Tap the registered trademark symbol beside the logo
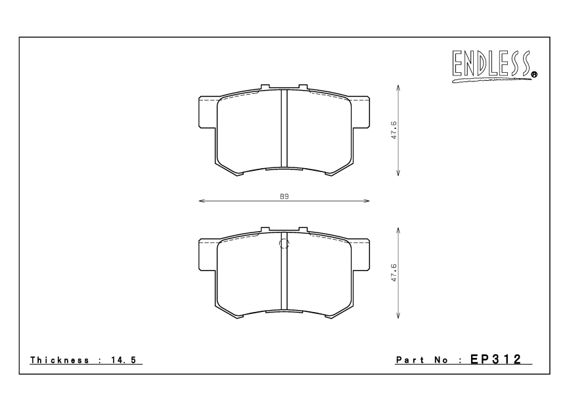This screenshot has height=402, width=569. pos(534,75)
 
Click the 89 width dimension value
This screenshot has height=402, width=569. pos(284,196)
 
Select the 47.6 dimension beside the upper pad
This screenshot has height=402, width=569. pos(394,130)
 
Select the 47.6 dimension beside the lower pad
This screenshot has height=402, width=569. pos(394,273)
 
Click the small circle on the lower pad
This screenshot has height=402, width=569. pos(284,245)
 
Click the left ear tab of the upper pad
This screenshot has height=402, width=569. pos(207,111)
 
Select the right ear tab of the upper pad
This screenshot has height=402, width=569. pos(361,111)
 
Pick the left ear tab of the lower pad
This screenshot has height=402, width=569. pos(207,254)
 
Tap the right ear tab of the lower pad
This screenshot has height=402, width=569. pos(361,254)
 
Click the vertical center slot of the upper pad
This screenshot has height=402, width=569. pos(284,128)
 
